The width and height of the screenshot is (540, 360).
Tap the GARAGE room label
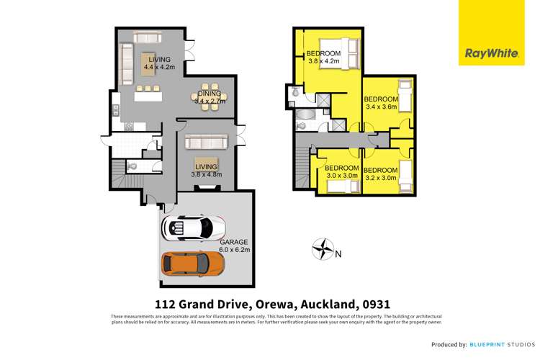234,242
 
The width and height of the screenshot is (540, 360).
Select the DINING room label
210,94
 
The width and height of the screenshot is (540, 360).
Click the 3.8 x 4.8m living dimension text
207,174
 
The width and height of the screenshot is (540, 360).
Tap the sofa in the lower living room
207,142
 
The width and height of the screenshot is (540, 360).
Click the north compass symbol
325,250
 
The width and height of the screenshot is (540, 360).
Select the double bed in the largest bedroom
345,55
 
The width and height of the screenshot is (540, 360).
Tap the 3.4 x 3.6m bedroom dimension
382,107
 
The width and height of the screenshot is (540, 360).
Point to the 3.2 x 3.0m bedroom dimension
381,178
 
